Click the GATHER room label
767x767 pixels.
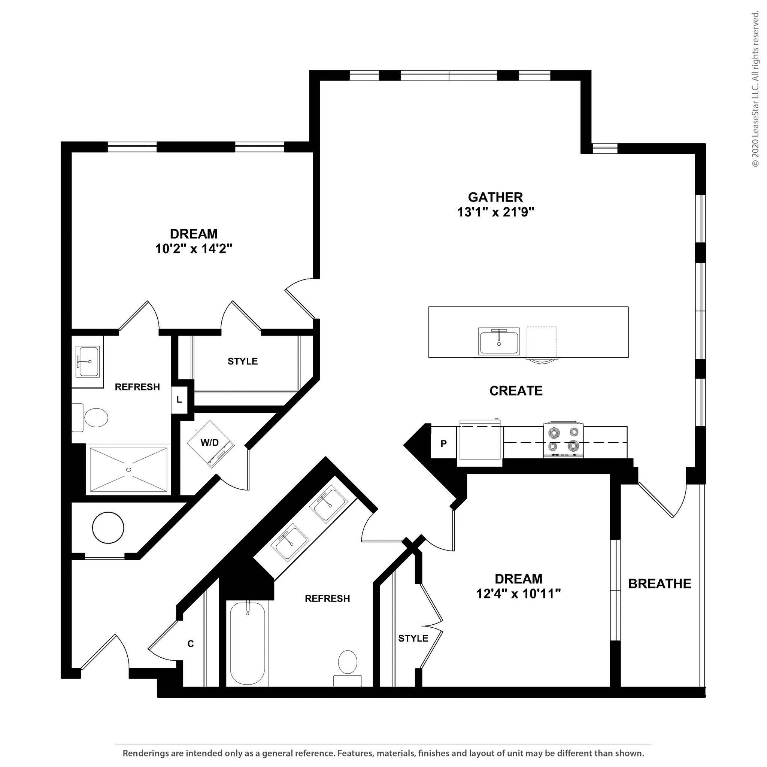(x=495, y=197)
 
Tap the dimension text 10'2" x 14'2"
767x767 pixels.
(x=193, y=249)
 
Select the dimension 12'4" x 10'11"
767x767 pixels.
(x=518, y=594)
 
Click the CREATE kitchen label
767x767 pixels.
(x=516, y=391)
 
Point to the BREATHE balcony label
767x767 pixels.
(x=660, y=583)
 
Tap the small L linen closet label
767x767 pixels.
(x=179, y=400)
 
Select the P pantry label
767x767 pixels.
(x=443, y=443)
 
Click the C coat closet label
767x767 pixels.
(x=191, y=643)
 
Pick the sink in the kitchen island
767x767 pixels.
(x=498, y=342)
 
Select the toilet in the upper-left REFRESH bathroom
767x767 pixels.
(x=93, y=418)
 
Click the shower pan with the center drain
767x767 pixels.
(x=128, y=470)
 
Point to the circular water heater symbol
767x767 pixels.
(x=107, y=528)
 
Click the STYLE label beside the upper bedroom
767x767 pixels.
(x=243, y=361)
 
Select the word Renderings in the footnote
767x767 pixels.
(x=145, y=753)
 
